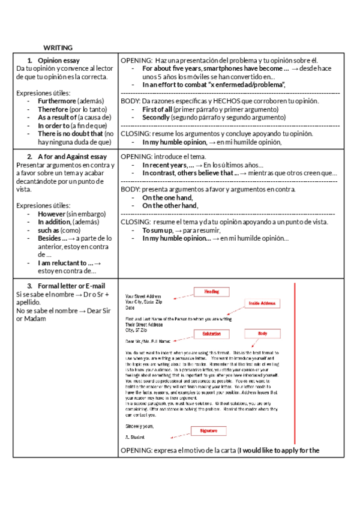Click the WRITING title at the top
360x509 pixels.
[58, 47]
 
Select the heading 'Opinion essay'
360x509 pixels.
[58, 61]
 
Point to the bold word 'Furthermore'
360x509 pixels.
[57, 101]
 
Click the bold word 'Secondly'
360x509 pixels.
[156, 118]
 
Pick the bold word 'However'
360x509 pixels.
[52, 214]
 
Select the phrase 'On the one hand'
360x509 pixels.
[167, 197]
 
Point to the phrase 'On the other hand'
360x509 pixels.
[170, 206]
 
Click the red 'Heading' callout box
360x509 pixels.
[212, 291]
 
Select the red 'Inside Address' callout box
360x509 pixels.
[262, 304]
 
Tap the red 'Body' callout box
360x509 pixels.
[262, 333]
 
